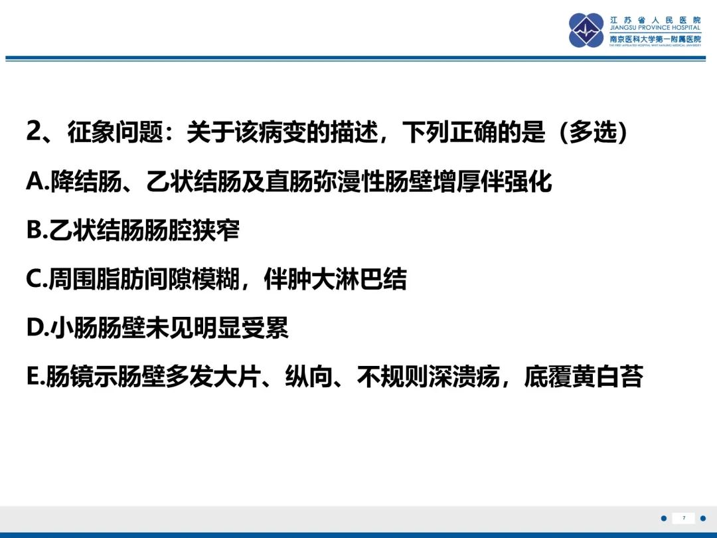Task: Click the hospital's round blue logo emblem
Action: point(586,30)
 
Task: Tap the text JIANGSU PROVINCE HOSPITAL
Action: point(655,28)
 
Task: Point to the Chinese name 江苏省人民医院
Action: point(655,20)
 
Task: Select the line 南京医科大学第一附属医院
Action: point(655,39)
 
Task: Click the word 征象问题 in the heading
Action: point(116,132)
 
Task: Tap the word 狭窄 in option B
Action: point(216,230)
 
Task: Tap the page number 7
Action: point(684,518)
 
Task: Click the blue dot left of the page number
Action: point(664,518)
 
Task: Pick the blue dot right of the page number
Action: point(703,518)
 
